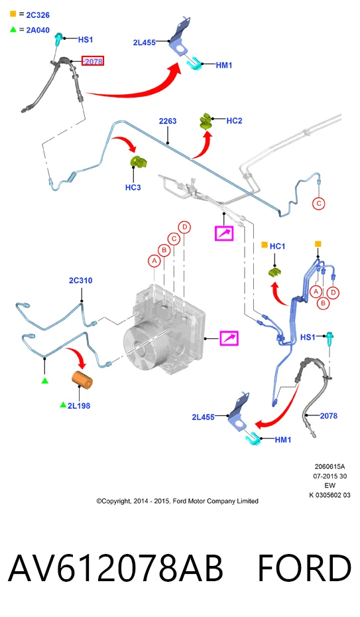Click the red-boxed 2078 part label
(93, 61)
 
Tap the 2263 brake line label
(168, 121)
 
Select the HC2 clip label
(234, 121)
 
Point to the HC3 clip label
(133, 187)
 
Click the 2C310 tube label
(81, 280)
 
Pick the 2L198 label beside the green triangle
(79, 405)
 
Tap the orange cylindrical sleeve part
(82, 380)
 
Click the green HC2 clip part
(206, 121)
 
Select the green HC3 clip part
(139, 162)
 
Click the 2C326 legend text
(38, 15)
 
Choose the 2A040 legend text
(38, 30)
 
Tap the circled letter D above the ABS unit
(184, 227)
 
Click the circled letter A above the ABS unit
(154, 261)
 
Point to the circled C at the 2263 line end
(319, 204)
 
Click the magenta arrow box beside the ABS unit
(229, 338)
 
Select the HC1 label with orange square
(277, 246)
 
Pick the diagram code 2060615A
(330, 466)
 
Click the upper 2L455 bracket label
(145, 42)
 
